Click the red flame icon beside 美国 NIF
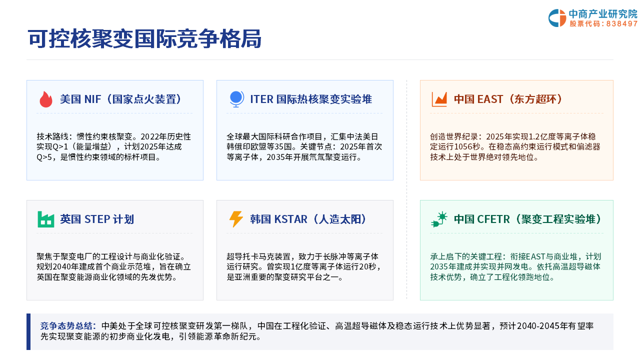[46, 99]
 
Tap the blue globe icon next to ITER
[237, 99]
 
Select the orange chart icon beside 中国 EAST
[439, 99]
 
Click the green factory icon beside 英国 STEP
[45, 219]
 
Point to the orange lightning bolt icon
[236, 219]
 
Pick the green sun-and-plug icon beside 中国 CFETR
[439, 219]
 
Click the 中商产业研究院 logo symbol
[557, 18]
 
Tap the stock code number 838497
[621, 23]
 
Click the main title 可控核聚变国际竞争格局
[144, 38]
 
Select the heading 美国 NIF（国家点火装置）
[120, 99]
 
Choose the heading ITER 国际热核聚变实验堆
[311, 99]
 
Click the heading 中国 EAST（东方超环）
[508, 99]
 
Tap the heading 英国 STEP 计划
[97, 219]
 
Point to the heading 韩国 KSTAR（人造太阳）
[308, 219]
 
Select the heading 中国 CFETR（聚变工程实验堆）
[527, 219]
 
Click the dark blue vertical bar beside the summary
[28, 331]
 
